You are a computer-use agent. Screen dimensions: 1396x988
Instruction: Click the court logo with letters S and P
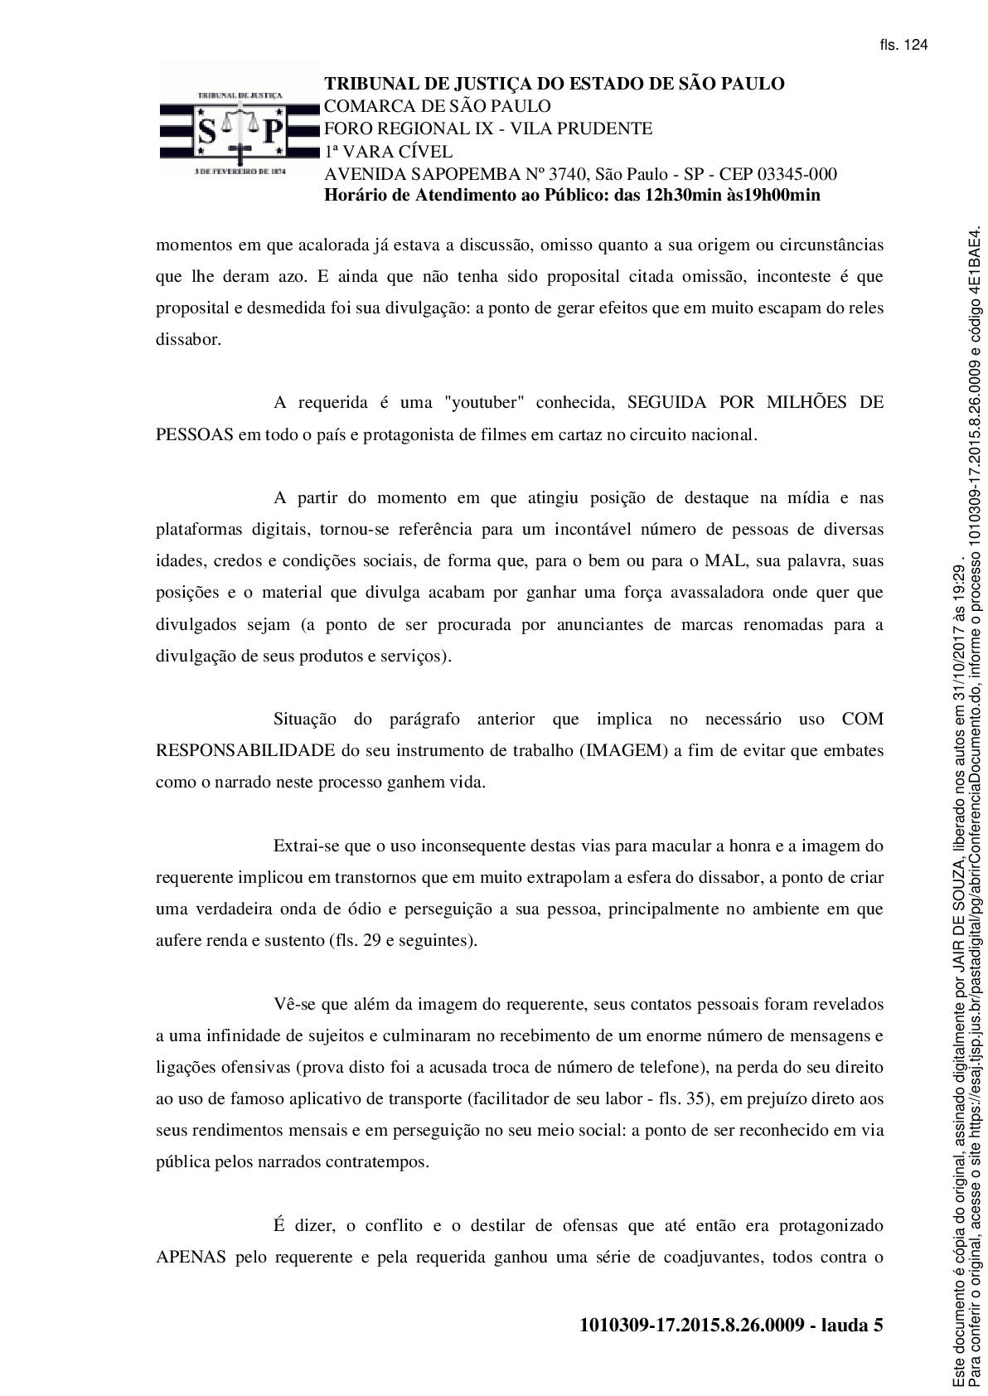tap(239, 128)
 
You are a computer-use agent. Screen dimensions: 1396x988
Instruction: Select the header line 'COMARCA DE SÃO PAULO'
tap(437, 106)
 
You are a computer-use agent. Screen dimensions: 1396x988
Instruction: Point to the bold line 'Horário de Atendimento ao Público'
tap(571, 196)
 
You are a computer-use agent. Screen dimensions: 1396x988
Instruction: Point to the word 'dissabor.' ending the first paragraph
tap(188, 340)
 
